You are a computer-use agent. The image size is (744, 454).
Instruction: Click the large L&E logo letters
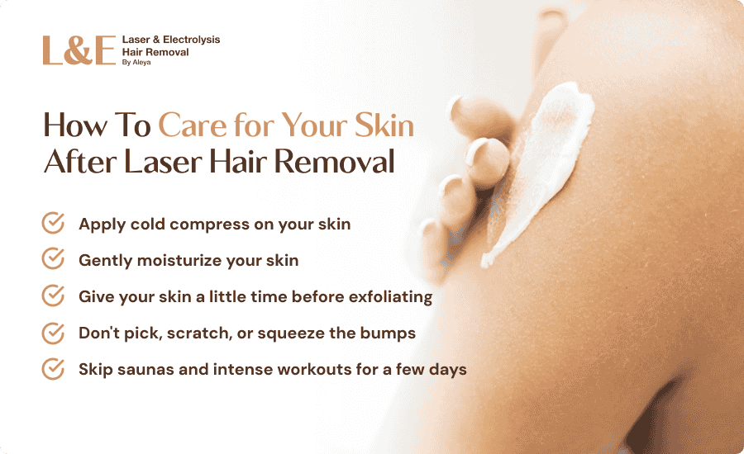(x=79, y=50)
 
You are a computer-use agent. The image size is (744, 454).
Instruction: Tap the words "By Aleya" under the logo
(x=136, y=63)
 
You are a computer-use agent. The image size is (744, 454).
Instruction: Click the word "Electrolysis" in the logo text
(x=191, y=40)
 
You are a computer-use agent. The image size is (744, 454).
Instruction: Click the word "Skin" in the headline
(x=384, y=125)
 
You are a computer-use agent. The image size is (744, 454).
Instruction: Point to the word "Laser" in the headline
(x=163, y=162)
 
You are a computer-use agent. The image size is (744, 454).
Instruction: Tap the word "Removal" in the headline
(x=335, y=162)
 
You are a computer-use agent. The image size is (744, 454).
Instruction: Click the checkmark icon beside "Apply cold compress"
(x=53, y=223)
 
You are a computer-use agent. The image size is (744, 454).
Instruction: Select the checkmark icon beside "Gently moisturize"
(x=53, y=258)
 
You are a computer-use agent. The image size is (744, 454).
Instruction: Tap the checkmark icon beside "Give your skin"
(x=53, y=296)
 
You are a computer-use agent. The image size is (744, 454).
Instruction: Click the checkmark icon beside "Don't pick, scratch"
(x=53, y=333)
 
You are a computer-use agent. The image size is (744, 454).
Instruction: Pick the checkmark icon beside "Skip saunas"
(x=53, y=369)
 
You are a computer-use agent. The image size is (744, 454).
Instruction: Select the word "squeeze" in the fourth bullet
(x=291, y=334)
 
